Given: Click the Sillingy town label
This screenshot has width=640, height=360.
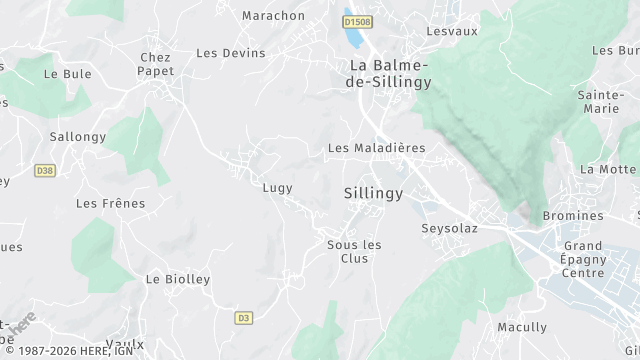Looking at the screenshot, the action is [x=373, y=192].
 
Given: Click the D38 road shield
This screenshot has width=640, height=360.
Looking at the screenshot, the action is [x=43, y=171].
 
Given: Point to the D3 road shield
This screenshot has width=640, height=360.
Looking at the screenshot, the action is [x=243, y=318].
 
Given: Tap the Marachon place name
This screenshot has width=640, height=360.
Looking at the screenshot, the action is [x=273, y=16].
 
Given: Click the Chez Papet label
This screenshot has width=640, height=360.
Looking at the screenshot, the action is [x=156, y=64].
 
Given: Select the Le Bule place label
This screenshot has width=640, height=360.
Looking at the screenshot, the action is [x=67, y=74].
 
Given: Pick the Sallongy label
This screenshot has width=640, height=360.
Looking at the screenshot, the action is [x=77, y=136].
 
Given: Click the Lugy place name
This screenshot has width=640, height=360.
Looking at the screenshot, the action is [x=277, y=187].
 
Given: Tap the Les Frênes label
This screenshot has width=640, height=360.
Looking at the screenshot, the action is [x=110, y=204].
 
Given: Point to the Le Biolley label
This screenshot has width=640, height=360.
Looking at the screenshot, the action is [x=178, y=279].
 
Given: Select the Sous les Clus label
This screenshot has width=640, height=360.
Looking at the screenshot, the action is [x=348, y=251].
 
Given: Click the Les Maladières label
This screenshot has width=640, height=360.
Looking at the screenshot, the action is [x=376, y=148].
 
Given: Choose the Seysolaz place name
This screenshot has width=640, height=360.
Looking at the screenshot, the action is [x=449, y=228].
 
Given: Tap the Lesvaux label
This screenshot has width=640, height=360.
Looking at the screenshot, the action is [x=452, y=31].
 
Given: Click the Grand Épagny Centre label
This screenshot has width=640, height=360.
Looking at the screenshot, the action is [x=583, y=259].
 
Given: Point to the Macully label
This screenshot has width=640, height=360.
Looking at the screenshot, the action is [x=522, y=327].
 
